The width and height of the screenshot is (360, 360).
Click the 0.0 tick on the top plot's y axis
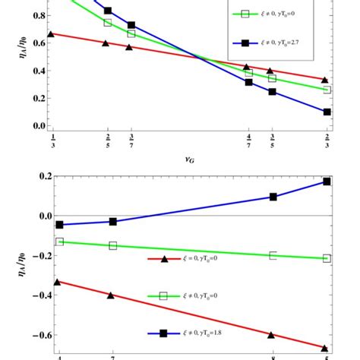(x=34, y=126)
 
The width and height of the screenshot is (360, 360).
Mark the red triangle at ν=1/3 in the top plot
(x=51, y=34)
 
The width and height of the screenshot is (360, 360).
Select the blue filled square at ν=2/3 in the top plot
(x=327, y=112)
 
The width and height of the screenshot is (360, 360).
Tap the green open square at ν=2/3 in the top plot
(x=327, y=90)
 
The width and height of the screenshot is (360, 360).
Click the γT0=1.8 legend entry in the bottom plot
(x=190, y=333)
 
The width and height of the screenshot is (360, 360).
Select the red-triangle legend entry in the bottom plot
(x=190, y=259)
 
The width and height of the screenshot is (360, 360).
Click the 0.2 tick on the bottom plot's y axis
(x=34, y=176)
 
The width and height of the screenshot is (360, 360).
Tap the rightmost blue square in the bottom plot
(x=327, y=182)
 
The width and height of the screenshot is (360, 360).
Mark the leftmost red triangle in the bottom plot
(x=59, y=281)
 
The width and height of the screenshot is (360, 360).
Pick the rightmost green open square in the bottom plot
(x=327, y=259)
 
